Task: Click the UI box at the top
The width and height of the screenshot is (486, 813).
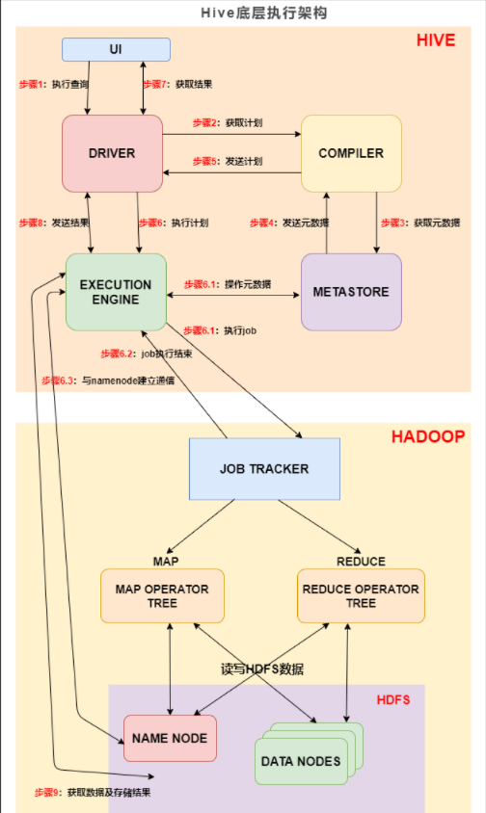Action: tap(116, 48)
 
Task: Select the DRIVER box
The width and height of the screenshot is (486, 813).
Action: tap(111, 153)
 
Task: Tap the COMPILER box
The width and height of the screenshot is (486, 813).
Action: tap(351, 153)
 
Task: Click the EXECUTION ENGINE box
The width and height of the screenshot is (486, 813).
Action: tap(116, 292)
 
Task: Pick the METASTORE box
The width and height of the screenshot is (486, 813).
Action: tap(351, 292)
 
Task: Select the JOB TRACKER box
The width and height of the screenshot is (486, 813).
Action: tap(264, 469)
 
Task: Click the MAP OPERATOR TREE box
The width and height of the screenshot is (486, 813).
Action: tap(162, 595)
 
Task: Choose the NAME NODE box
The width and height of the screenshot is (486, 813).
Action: tap(170, 739)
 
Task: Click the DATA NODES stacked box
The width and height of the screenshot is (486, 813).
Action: tap(301, 761)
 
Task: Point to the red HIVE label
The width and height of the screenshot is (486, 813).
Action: tap(435, 40)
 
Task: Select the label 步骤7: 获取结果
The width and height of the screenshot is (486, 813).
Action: tap(184, 85)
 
